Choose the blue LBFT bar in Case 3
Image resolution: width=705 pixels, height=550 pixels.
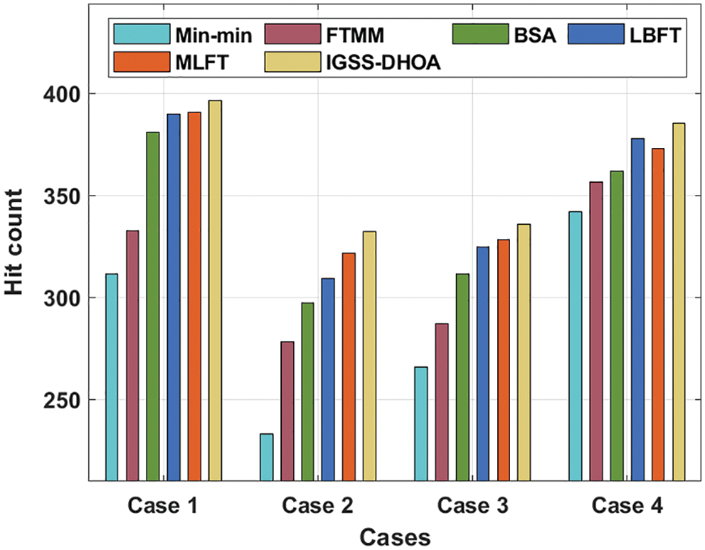482,364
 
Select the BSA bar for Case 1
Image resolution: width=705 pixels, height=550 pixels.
153,306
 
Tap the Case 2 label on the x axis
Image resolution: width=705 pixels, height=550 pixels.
317,507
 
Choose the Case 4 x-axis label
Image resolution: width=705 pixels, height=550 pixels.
627,507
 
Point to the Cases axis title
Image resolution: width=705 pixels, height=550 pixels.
395,536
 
